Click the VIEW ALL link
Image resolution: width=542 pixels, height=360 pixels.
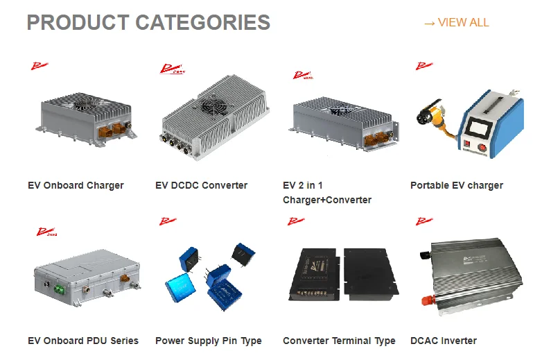(463, 22)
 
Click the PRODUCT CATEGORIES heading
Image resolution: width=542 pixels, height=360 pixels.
(148, 22)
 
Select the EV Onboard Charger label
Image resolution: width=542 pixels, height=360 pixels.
(76, 185)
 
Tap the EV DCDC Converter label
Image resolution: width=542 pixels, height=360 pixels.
(201, 185)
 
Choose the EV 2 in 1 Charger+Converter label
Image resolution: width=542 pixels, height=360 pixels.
(327, 193)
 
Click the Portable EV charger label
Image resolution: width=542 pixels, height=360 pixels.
(457, 185)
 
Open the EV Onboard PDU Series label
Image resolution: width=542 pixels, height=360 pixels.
(83, 341)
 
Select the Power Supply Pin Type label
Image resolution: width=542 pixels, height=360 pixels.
(209, 341)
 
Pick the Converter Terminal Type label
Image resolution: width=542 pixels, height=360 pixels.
(339, 341)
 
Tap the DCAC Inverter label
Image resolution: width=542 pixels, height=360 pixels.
(444, 341)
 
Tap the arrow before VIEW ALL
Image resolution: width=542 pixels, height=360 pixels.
(429, 23)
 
